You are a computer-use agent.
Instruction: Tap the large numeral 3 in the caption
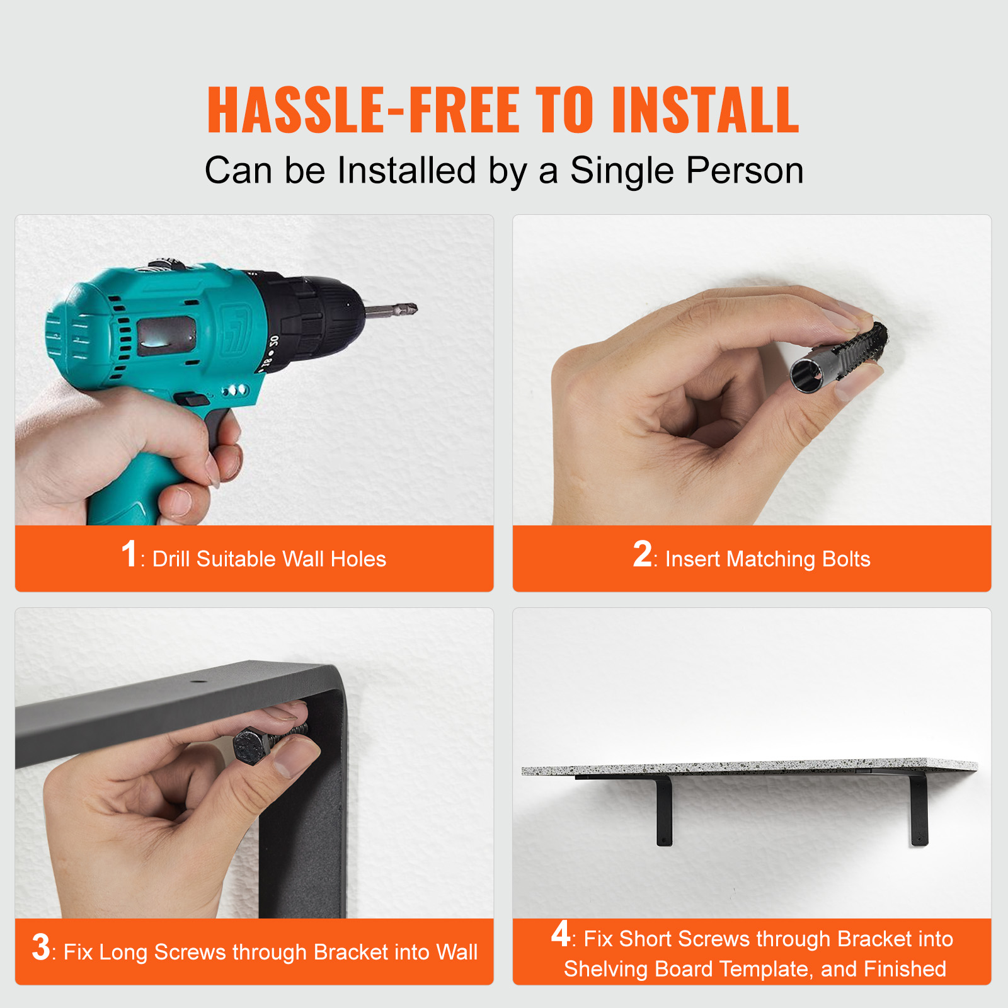click(41, 947)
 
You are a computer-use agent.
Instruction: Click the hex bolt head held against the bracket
click(252, 746)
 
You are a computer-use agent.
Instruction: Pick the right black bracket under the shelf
click(919, 810)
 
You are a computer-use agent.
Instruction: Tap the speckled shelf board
click(750, 768)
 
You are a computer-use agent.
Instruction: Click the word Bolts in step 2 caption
click(845, 559)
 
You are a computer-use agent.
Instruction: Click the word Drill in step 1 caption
click(171, 559)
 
